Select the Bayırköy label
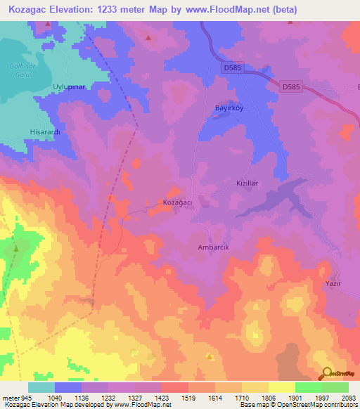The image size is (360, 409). [228, 108]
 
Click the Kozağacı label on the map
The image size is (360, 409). [179, 202]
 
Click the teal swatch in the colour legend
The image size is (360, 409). [41, 387]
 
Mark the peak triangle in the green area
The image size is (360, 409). [16, 247]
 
